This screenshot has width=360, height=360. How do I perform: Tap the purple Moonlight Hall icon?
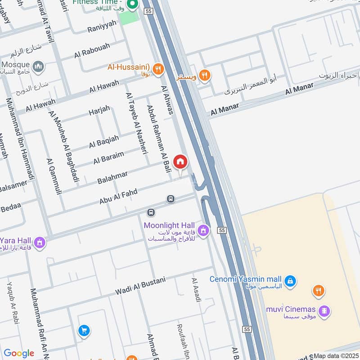pyautogui.click(x=203, y=230)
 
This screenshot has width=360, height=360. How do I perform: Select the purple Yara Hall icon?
pyautogui.click(x=40, y=243)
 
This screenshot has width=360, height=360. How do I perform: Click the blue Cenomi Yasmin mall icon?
pyautogui.click(x=291, y=281)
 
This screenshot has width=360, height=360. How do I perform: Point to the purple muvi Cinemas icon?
pyautogui.click(x=324, y=310)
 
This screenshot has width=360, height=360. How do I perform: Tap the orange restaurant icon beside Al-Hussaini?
pyautogui.click(x=157, y=68)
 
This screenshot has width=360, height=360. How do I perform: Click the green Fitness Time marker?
pyautogui.click(x=132, y=5)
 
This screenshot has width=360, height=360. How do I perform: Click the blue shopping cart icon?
pyautogui.click(x=83, y=331)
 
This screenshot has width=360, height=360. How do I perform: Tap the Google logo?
pyautogui.click(x=19, y=353)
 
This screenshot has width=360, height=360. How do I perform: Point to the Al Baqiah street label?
pyautogui.click(x=104, y=141)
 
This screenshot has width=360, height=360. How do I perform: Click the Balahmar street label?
pyautogui.click(x=112, y=177)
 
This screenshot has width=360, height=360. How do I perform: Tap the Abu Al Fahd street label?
pyautogui.click(x=118, y=197)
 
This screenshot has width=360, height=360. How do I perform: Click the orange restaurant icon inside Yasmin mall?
pyautogui.click(x=319, y=291)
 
